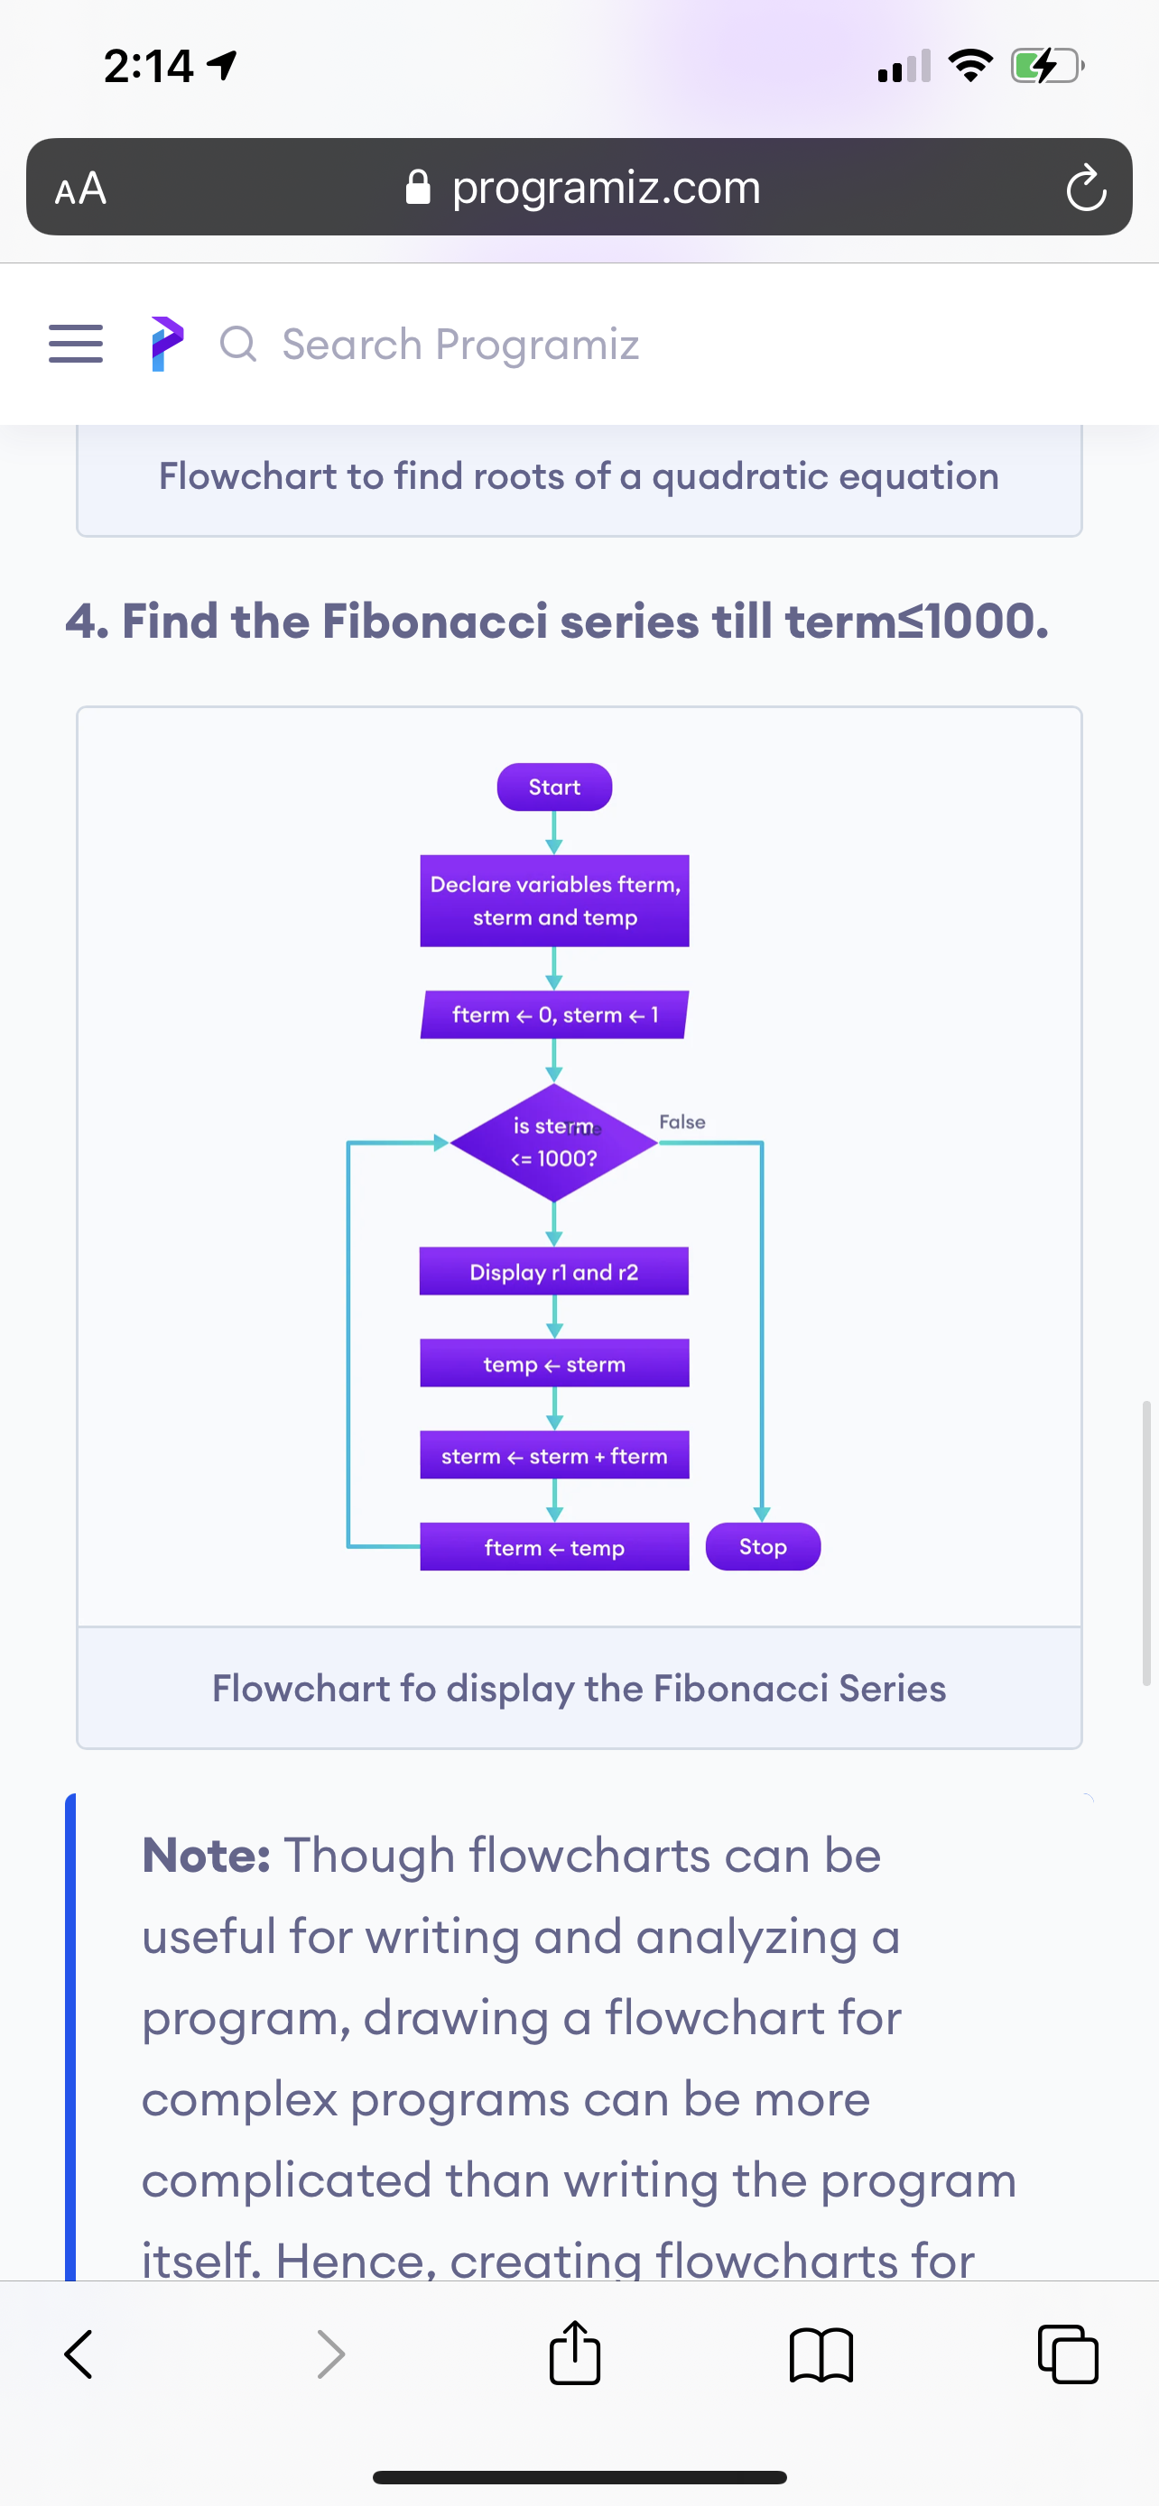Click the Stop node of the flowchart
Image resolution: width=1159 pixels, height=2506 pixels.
pos(763,1547)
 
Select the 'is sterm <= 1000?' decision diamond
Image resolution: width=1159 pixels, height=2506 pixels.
pos(553,1142)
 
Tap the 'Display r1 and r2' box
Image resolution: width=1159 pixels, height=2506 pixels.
pos(553,1271)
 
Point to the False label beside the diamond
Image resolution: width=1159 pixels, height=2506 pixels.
pos(682,1121)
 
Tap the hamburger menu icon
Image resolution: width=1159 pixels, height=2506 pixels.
pos(76,344)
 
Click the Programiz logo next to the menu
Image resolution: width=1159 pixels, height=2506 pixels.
pos(167,344)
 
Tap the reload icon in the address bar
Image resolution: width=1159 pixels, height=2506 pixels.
pos(1086,188)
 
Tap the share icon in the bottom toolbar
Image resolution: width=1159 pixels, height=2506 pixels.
pos(575,2353)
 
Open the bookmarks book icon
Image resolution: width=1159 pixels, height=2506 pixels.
pos(822,2355)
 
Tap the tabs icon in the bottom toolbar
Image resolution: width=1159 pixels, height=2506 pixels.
pos(1069,2354)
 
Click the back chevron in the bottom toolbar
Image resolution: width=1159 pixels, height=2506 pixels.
pos(79,2354)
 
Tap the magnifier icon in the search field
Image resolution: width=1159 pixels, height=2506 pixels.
pos(238,345)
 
